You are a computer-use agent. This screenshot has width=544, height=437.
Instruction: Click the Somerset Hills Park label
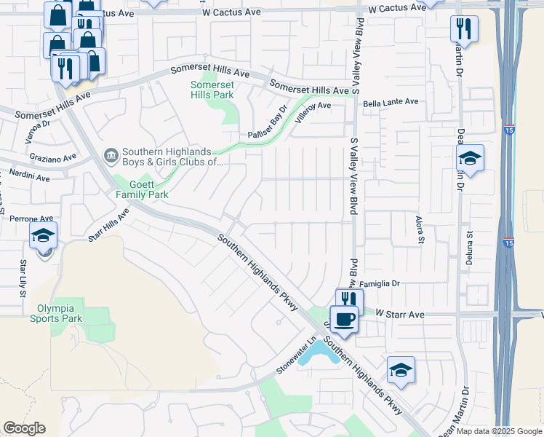(212, 89)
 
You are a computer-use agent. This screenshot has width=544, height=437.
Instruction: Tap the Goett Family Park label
(143, 189)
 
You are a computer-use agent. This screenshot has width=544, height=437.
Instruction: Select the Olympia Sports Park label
(56, 313)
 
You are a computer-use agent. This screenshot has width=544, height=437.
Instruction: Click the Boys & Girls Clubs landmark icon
(111, 154)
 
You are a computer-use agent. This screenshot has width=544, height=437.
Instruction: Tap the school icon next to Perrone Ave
(44, 236)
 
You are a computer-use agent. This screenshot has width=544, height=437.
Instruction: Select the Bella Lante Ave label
(391, 102)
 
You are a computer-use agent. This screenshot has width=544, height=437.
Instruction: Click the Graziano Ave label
(52, 157)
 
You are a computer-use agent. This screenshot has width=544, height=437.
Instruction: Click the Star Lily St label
(23, 278)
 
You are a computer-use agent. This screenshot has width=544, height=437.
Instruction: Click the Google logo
(24, 428)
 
